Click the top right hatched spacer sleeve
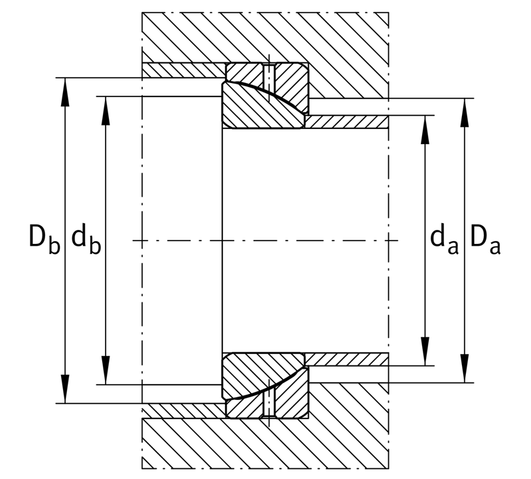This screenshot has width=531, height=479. tap(346, 122)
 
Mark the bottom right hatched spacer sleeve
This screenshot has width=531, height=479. tap(346, 359)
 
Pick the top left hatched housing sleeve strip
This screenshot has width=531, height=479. tap(183, 70)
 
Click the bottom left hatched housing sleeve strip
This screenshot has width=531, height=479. tap(183, 411)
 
